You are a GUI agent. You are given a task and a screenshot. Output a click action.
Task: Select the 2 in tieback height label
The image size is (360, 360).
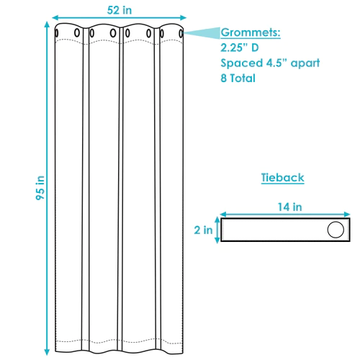coord(204,230)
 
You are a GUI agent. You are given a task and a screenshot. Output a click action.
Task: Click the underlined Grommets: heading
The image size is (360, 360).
coord(250,33)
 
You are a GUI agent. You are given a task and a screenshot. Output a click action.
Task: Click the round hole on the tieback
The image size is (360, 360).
coord(335,230)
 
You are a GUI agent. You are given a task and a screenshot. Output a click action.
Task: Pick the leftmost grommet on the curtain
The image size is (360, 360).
coord(58,31)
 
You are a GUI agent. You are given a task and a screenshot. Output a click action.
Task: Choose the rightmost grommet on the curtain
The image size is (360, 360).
coord(179,31)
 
